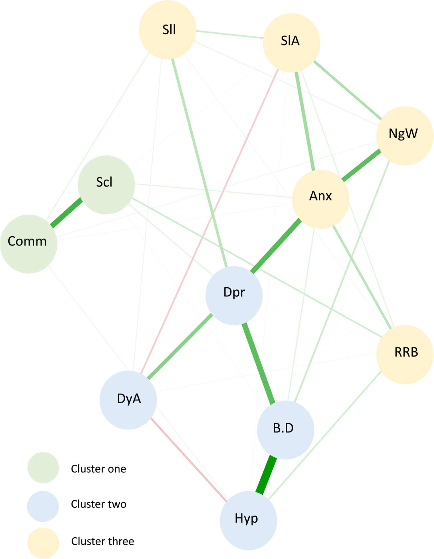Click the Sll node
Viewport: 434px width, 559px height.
tap(167, 30)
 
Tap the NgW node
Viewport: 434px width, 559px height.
tap(405, 136)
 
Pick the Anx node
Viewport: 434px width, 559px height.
tap(321, 199)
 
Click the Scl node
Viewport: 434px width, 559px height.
tap(106, 185)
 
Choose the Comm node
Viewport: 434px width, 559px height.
tap(28, 244)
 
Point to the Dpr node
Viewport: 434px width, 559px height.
tap(234, 295)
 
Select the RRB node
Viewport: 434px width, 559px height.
tap(405, 354)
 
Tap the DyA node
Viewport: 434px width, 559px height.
tap(128, 400)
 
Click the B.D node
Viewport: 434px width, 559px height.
tap(285, 430)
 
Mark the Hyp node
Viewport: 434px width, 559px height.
tap(248, 520)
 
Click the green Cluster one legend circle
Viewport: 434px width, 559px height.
tap(43, 468)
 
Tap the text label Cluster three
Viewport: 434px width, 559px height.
tap(103, 541)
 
